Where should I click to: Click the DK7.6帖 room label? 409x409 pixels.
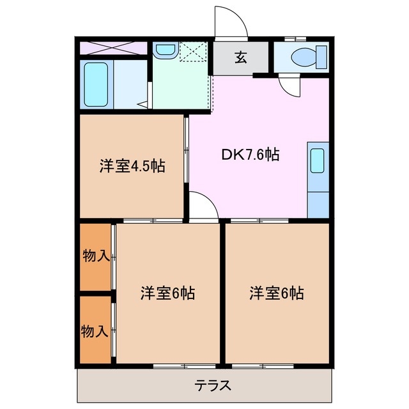click(249, 154)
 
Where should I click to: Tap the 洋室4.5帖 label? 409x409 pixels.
click(132, 167)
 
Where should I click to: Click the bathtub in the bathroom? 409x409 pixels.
click(97, 85)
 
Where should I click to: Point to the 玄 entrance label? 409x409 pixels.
click(240, 58)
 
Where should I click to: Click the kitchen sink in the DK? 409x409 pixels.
click(317, 162)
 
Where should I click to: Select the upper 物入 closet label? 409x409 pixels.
click(95, 256)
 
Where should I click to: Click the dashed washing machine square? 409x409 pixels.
click(194, 52)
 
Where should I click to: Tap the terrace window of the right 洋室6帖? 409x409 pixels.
click(259, 366)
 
